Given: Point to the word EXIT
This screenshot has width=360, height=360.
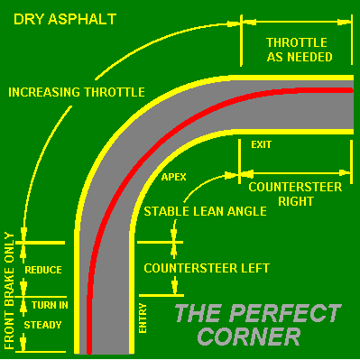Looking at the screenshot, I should (x=261, y=144).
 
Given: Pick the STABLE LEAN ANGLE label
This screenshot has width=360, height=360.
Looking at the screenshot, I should (x=205, y=212).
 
